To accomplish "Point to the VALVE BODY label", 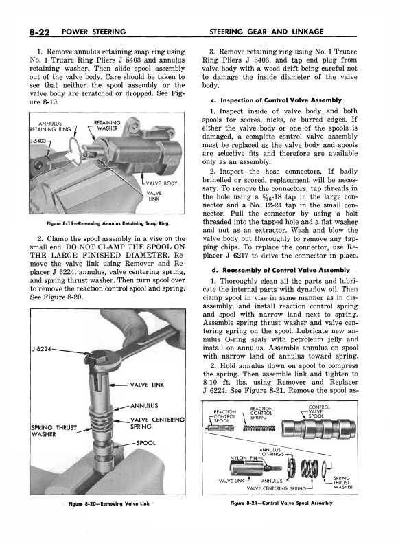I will click(162, 183).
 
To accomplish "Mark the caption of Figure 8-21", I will click(292, 503).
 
